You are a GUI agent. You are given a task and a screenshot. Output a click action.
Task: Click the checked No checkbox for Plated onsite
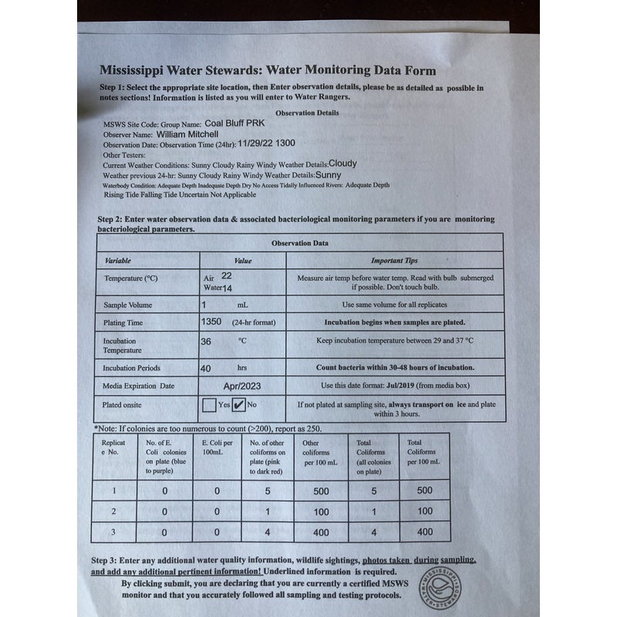[239, 404]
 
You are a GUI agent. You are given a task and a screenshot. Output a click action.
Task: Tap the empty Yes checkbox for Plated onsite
[208, 404]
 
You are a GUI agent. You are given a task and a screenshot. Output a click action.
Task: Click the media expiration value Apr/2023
[243, 385]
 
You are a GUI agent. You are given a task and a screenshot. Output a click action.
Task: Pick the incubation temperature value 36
[206, 340]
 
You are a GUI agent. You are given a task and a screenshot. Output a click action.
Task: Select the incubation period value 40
[206, 369]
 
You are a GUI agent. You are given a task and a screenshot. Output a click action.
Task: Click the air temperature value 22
[226, 275]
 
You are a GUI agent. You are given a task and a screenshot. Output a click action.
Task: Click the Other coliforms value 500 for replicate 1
[321, 491]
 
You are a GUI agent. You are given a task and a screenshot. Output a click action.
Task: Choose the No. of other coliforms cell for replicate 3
[268, 532]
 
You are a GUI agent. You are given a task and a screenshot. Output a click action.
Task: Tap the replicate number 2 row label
[113, 511]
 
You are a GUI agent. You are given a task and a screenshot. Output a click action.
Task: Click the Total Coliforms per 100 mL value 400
[424, 532]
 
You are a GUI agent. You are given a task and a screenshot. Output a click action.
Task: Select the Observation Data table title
[299, 243]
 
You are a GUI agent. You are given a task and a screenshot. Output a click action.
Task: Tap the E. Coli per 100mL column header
[217, 447]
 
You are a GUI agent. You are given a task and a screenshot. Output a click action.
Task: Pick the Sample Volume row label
[128, 305]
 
